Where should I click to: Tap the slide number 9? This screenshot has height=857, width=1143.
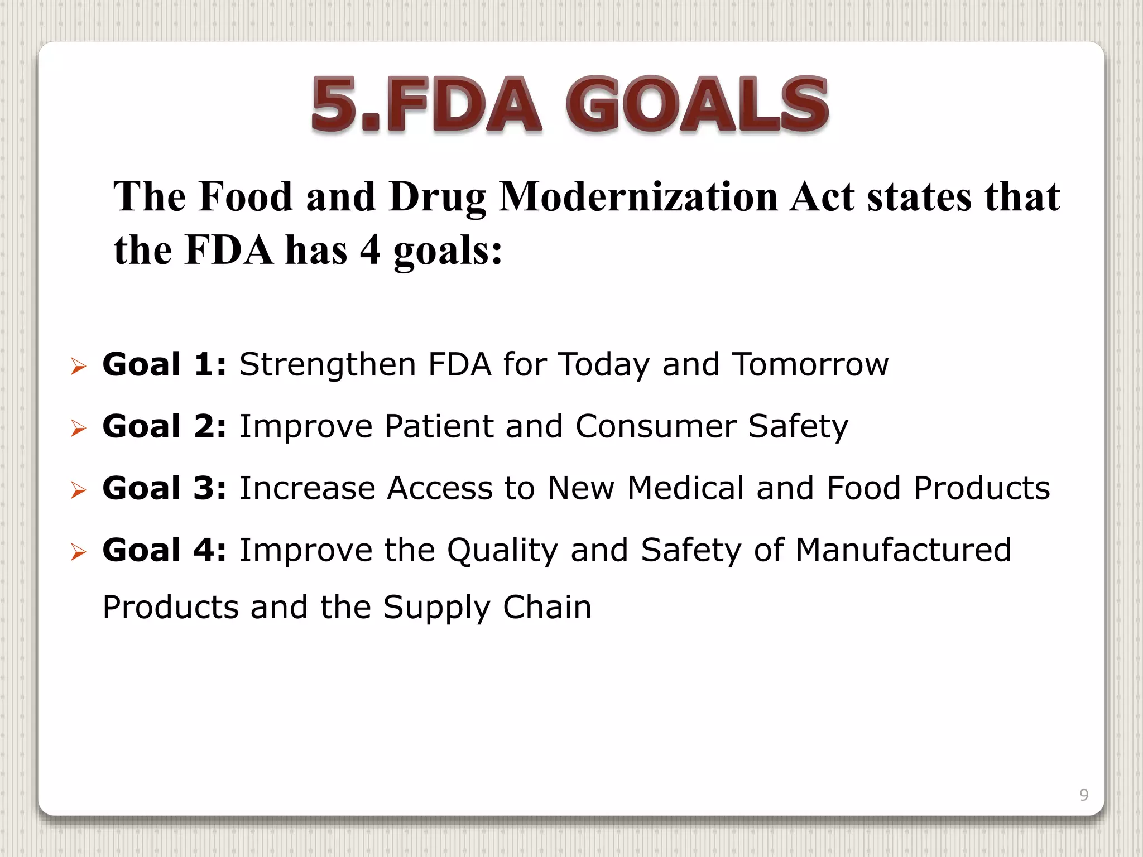coord(1084,795)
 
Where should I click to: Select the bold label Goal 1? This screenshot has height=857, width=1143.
coord(165,364)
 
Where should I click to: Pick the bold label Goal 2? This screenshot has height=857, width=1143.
coord(165,426)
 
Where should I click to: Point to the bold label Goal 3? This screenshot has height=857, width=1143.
coord(165,488)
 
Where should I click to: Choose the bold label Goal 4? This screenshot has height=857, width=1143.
coord(165,550)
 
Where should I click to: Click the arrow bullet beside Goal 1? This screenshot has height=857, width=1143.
coord(79,367)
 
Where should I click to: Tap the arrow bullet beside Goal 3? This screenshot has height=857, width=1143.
coord(79,491)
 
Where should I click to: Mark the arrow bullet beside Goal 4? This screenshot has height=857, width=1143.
coord(79,553)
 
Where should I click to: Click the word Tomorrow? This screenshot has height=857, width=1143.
coord(810,364)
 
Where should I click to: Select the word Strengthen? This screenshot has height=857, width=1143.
coord(328,365)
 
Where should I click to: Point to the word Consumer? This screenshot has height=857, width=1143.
coord(655,426)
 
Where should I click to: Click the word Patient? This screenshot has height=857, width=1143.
coord(439,426)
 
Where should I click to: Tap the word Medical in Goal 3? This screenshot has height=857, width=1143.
coord(685,488)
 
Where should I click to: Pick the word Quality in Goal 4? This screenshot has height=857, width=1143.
coord(502,551)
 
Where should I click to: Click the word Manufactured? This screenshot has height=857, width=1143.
coord(903,550)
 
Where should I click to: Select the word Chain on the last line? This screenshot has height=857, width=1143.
coord(547,607)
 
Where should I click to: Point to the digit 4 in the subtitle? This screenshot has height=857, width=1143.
coord(370,250)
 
